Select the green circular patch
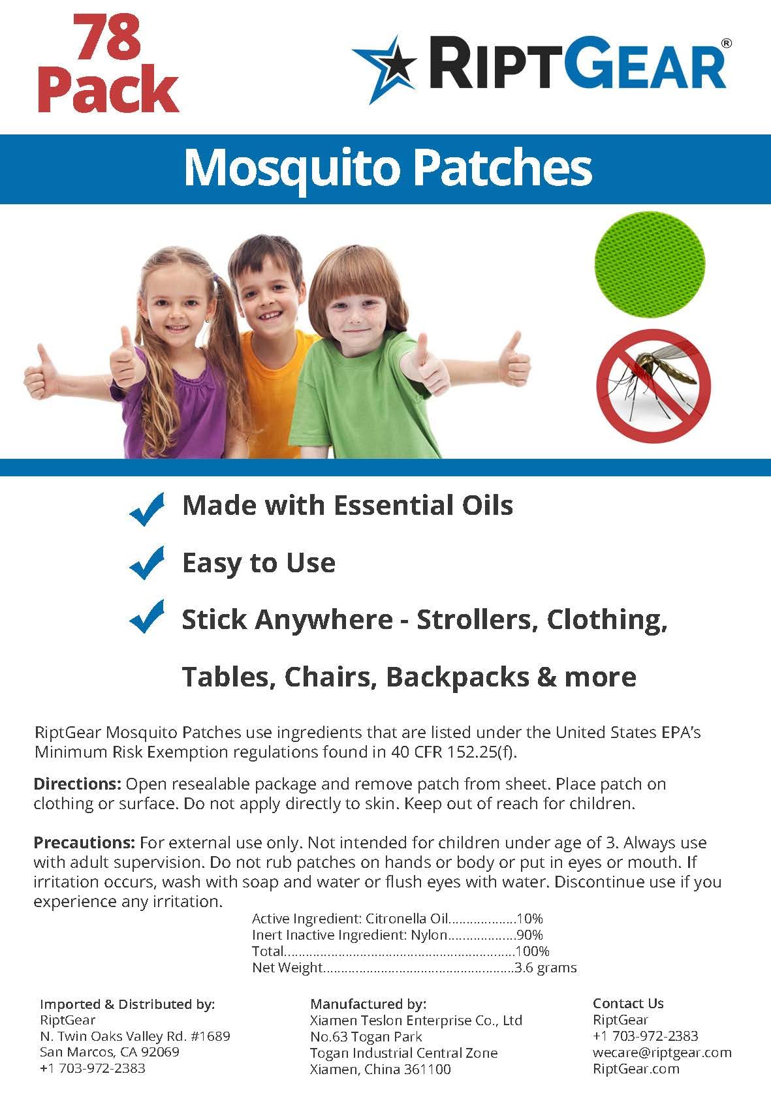click(x=650, y=264)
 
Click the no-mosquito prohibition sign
click(x=653, y=384)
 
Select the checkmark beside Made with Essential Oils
click(x=148, y=508)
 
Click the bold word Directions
click(x=77, y=784)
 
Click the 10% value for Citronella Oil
click(x=529, y=919)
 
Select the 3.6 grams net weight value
click(x=546, y=967)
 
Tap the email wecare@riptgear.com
click(x=661, y=1052)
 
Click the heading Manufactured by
click(x=368, y=1004)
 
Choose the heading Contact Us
click(x=628, y=1004)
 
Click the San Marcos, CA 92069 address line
click(x=109, y=1052)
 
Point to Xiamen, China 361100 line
click(x=380, y=1069)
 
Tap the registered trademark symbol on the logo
click(x=726, y=43)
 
